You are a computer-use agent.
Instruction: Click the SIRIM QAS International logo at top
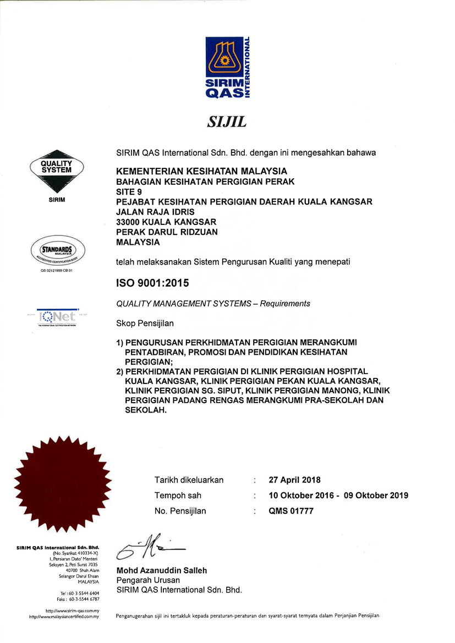click(x=228, y=68)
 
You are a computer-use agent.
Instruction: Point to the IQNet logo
click(x=57, y=317)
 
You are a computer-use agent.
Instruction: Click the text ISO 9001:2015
click(x=152, y=284)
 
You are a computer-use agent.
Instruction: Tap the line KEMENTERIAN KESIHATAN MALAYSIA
click(x=202, y=171)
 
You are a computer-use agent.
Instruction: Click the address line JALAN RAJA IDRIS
click(x=155, y=212)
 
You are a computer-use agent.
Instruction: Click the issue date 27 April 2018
click(x=294, y=480)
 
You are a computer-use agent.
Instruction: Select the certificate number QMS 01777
click(x=291, y=511)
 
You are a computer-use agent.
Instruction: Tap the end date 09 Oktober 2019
click(x=376, y=495)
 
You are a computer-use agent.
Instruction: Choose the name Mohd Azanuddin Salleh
click(x=162, y=570)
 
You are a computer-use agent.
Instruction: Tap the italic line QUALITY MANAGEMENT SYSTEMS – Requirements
click(x=213, y=304)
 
